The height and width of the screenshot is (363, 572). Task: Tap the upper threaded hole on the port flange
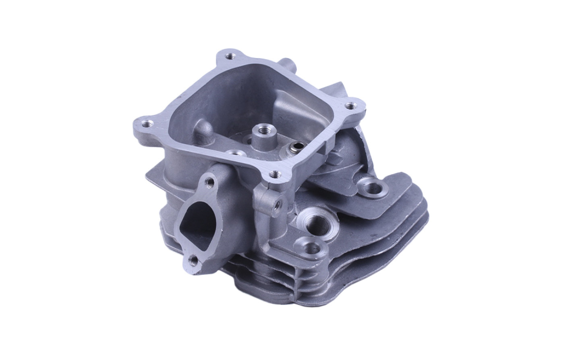pyautogui.click(x=210, y=182)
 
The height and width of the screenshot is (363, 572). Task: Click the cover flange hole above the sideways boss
pyautogui.click(x=275, y=174)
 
